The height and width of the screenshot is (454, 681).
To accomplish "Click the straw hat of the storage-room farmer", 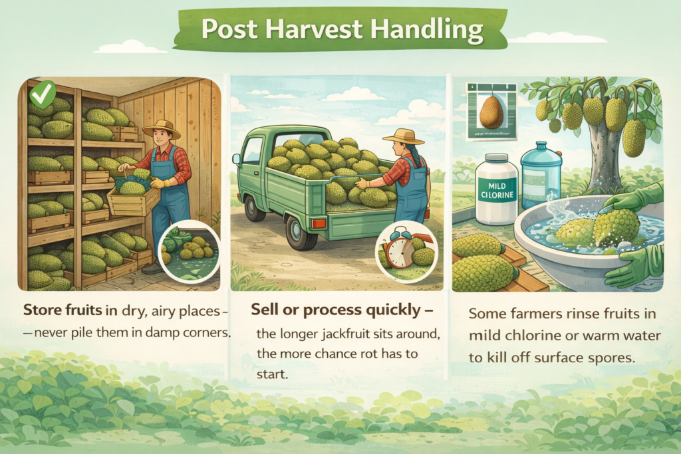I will click(x=162, y=128).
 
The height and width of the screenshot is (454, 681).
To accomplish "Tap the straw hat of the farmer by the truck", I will click(x=403, y=136).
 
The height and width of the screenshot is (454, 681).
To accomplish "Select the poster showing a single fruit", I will click(x=491, y=110).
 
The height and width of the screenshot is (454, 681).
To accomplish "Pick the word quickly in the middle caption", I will click(x=386, y=310).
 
